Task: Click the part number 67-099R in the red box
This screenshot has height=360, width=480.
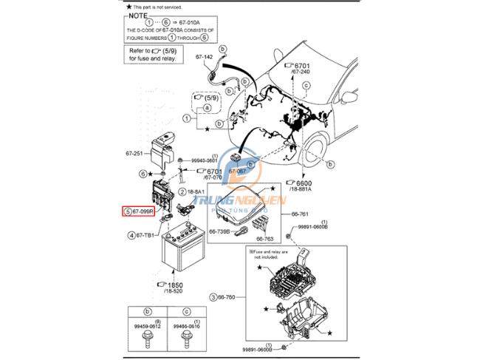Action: [142, 211]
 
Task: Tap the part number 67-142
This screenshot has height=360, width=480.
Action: [205, 56]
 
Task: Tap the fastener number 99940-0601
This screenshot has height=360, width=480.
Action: [205, 160]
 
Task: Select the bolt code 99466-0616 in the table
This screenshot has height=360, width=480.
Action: [187, 326]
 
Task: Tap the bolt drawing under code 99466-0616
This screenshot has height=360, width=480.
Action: [187, 341]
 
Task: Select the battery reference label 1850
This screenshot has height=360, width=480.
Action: [176, 285]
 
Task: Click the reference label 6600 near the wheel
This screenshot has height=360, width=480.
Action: [306, 183]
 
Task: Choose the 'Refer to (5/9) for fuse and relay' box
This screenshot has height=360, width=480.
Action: [153, 53]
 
